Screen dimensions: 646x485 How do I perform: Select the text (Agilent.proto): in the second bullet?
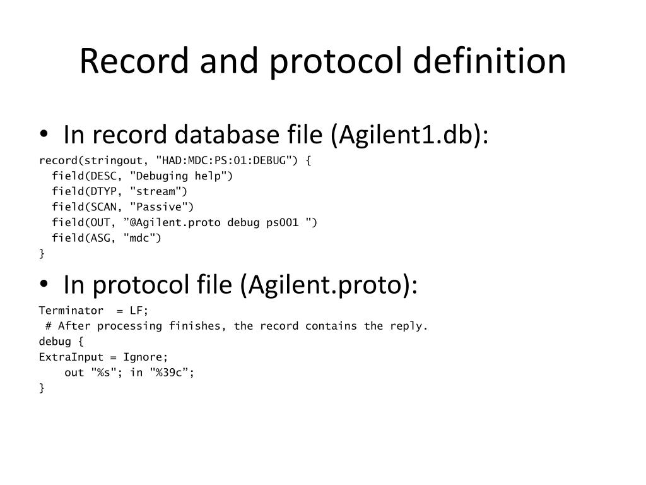(x=328, y=285)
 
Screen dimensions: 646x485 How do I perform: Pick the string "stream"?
(x=159, y=191)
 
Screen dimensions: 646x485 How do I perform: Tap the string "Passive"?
(x=162, y=207)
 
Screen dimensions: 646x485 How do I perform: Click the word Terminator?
(x=71, y=311)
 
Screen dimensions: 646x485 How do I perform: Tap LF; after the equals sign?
(x=139, y=311)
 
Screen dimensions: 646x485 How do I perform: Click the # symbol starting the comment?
(x=49, y=326)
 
